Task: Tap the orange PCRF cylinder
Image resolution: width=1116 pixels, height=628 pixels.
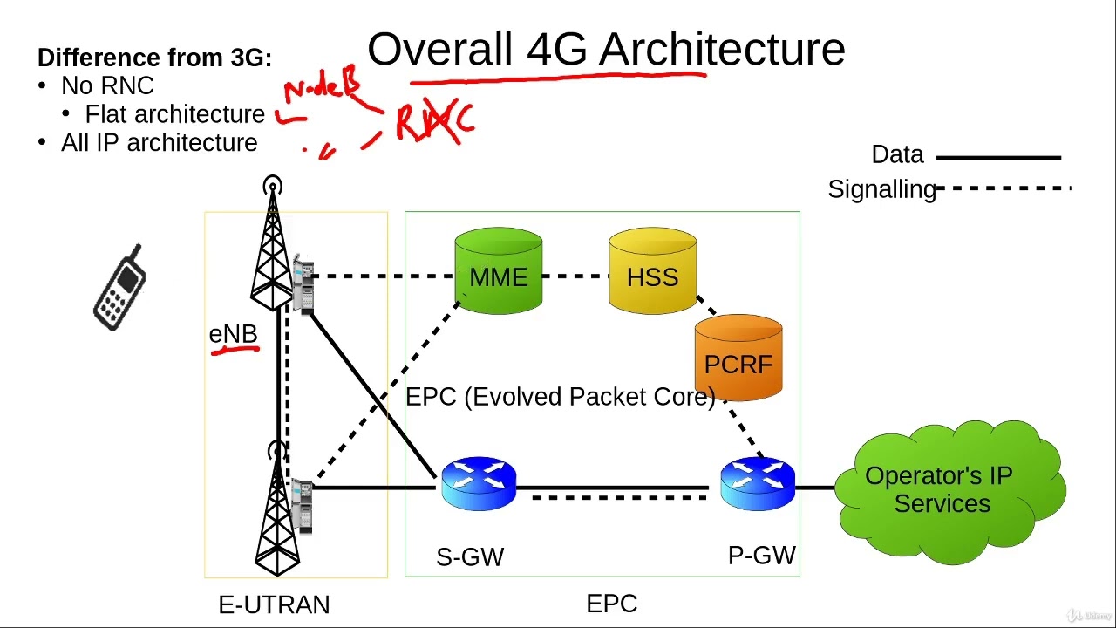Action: tap(738, 358)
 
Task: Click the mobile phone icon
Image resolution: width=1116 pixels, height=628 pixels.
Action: tap(120, 288)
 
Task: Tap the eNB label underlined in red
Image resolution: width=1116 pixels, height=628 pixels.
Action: tap(233, 334)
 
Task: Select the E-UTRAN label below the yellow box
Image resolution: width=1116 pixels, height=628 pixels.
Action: tap(274, 604)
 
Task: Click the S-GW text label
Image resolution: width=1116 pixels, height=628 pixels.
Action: tap(470, 556)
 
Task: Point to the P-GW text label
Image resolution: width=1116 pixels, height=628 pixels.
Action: tap(761, 556)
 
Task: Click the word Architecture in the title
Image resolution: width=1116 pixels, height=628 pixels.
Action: tap(722, 50)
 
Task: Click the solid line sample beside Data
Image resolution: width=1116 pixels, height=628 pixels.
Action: tap(998, 158)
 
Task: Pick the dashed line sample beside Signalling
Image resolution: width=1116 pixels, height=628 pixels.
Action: tap(1003, 188)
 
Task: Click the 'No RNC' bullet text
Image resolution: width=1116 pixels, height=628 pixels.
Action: tap(107, 85)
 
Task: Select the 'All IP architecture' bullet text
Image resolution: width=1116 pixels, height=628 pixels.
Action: tap(159, 142)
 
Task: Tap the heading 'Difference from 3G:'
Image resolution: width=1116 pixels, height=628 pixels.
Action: tap(154, 58)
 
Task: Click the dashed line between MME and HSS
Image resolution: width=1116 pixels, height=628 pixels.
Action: tap(575, 276)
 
